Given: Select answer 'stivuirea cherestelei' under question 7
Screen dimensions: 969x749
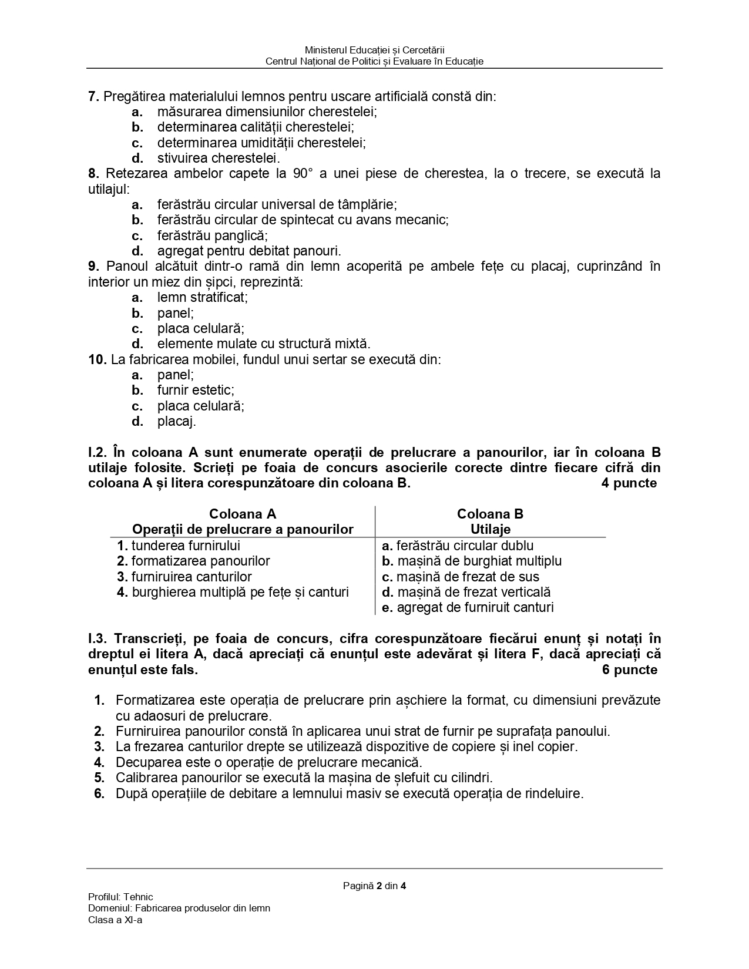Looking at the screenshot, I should click(218, 158).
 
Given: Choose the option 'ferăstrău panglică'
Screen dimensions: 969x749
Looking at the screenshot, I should click(212, 235).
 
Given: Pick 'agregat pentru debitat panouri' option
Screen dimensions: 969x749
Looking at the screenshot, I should click(248, 251).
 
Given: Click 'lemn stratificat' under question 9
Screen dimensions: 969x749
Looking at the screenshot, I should click(202, 297).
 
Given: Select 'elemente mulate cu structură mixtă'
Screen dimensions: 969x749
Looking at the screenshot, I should click(263, 344).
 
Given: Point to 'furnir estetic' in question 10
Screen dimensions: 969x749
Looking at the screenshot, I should click(195, 390).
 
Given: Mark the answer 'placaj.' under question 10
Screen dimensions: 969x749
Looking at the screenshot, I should click(176, 421).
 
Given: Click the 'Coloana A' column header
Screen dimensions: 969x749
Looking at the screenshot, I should click(243, 514).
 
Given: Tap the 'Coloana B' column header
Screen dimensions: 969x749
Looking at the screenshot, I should click(490, 514).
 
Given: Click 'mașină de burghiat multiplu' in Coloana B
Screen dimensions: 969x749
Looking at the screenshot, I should click(479, 561).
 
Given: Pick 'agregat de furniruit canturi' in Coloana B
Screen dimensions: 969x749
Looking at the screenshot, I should click(475, 607).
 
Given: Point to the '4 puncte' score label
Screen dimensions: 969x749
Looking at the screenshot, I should click(629, 483).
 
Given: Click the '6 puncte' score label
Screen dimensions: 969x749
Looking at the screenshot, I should click(630, 669).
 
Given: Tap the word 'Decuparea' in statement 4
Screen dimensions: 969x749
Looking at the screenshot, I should click(144, 762).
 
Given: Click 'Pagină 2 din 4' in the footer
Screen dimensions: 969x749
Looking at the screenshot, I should click(375, 886).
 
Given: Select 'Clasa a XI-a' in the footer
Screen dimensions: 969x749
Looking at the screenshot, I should click(115, 920).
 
